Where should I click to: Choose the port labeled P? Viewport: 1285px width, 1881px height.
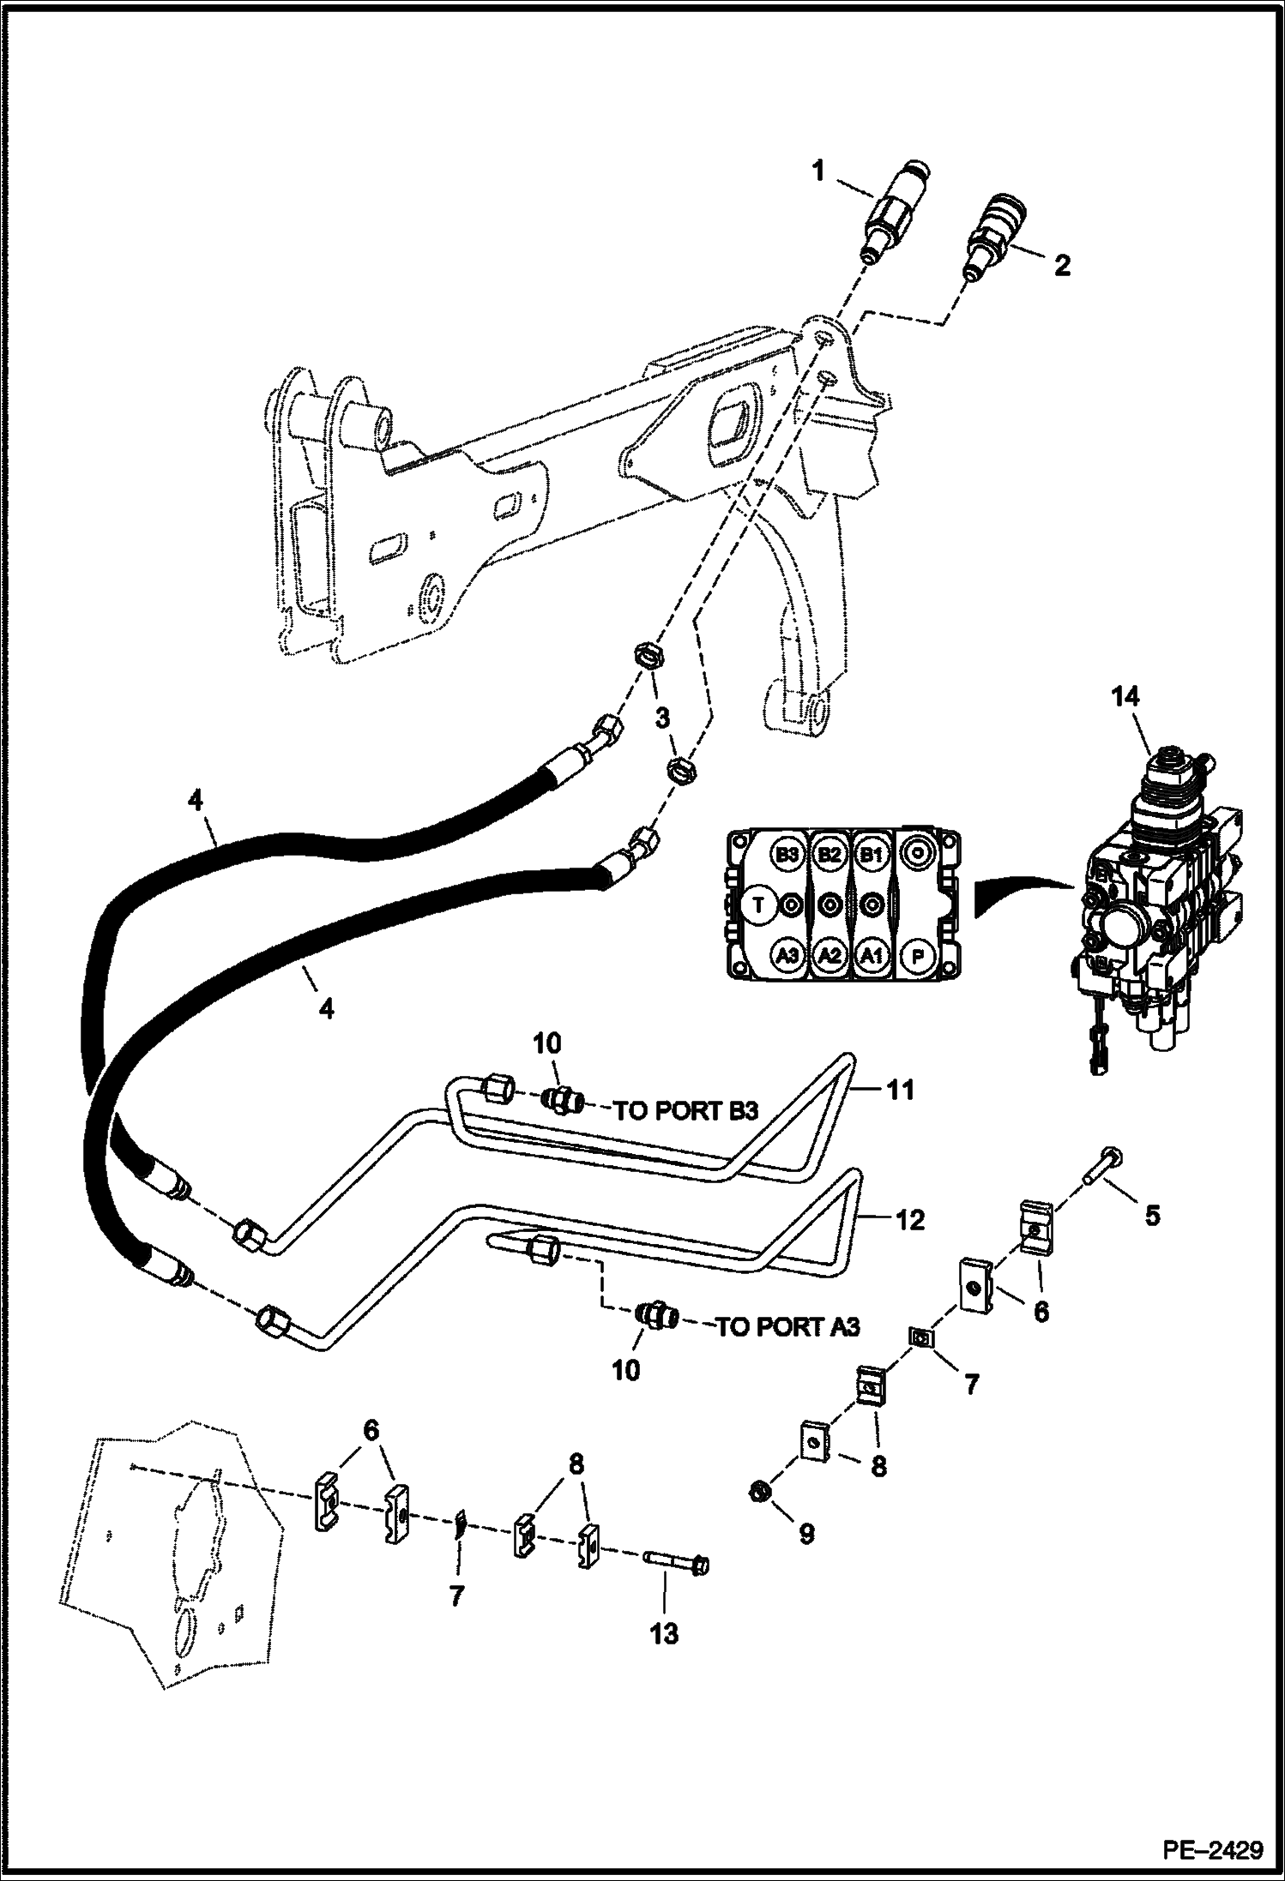(917, 956)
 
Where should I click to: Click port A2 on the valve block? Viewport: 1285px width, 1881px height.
(829, 956)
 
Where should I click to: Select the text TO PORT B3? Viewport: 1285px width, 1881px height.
(686, 1111)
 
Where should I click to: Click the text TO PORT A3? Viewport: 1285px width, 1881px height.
(787, 1327)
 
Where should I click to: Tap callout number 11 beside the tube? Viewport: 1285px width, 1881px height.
(902, 1091)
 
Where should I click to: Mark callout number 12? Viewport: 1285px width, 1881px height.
(910, 1219)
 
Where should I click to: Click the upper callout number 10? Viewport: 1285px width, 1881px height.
(547, 1043)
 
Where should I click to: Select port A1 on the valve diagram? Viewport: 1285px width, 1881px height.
(872, 956)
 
